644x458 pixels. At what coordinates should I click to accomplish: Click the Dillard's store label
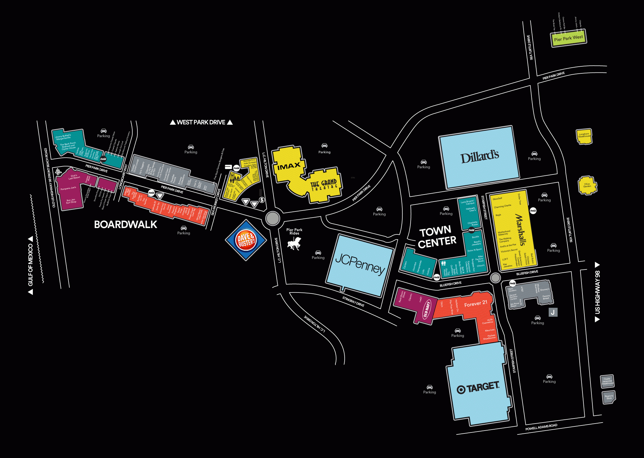click(x=479, y=157)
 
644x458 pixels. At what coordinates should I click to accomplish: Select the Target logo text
click(x=478, y=388)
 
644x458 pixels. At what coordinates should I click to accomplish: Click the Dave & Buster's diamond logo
click(x=246, y=240)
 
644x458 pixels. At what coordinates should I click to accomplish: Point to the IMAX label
click(x=289, y=166)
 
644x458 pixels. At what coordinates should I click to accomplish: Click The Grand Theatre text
click(x=324, y=185)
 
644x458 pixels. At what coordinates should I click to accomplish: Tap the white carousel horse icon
click(x=294, y=245)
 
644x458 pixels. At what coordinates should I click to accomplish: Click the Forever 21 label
click(x=476, y=304)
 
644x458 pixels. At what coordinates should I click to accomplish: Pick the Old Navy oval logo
click(x=426, y=309)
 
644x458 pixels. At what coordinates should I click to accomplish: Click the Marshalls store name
click(x=520, y=230)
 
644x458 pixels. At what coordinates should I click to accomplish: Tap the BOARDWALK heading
click(x=126, y=225)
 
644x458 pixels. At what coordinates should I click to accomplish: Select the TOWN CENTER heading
click(x=437, y=237)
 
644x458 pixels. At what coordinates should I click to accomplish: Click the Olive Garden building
click(x=587, y=185)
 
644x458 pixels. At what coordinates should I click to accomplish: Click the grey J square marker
click(x=553, y=312)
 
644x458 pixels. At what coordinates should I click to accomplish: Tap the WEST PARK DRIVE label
click(x=201, y=122)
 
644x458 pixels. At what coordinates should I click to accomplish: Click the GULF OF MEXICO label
click(x=31, y=265)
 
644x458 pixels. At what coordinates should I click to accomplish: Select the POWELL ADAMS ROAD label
click(x=541, y=427)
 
